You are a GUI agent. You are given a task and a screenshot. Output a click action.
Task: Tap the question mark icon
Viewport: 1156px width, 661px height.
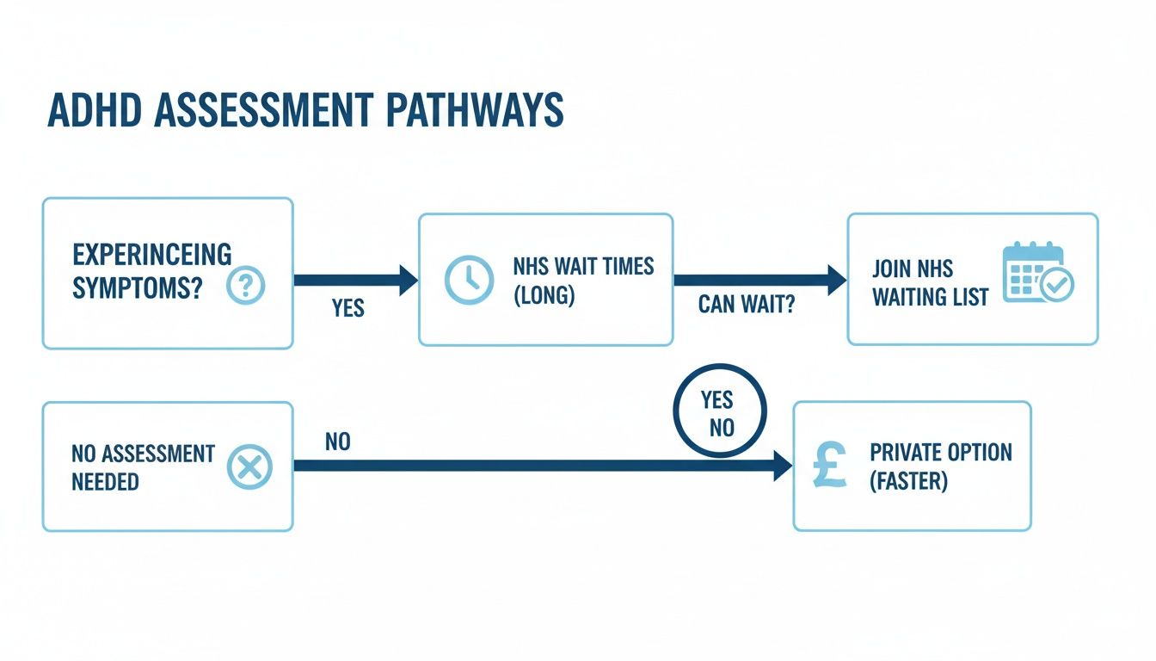[246, 286]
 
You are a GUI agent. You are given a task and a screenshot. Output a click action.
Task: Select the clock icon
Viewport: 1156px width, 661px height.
[469, 279]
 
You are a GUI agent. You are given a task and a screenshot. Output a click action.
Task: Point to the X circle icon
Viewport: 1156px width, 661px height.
[249, 467]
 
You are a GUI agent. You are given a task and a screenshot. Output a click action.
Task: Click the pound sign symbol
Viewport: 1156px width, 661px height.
[830, 466]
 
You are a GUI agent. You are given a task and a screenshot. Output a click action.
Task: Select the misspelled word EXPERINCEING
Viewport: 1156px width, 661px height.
[152, 256]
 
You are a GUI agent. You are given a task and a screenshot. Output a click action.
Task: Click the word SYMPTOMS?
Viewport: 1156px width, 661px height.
[138, 287]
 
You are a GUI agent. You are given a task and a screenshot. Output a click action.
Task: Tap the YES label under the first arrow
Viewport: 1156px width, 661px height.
[348, 307]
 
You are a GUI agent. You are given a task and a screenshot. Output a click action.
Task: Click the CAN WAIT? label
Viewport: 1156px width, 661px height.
[747, 305]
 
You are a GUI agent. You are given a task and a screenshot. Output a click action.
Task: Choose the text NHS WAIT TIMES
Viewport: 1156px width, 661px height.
[583, 266]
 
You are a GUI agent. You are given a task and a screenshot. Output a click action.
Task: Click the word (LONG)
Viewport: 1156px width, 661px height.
[544, 295]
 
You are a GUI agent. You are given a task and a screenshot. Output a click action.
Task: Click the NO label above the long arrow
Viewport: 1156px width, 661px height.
[338, 442]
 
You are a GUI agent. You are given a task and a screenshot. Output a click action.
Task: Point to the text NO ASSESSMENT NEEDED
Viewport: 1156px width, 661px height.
[143, 466]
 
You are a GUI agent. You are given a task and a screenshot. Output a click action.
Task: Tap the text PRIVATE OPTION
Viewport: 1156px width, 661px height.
[941, 452]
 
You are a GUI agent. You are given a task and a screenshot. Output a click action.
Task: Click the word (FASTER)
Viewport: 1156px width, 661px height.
[908, 481]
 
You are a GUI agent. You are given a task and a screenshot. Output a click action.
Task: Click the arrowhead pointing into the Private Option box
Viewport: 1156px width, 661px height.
[782, 466]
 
